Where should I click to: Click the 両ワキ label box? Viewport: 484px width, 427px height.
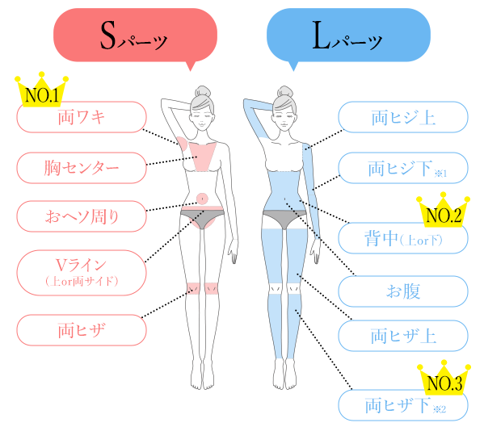tap(82, 117)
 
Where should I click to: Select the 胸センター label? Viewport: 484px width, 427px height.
tap(82, 168)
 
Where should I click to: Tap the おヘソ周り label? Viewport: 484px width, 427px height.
tap(82, 216)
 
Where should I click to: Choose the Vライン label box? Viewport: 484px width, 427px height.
tap(82, 273)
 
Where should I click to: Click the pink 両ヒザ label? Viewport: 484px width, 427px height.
tap(82, 330)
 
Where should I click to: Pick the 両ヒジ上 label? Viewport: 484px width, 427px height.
tap(403, 117)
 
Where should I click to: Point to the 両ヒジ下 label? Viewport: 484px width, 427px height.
tap(403, 168)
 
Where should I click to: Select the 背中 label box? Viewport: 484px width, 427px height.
tap(403, 238)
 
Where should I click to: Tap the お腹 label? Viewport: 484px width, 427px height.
tap(403, 291)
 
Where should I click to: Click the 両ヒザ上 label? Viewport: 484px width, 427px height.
tap(403, 336)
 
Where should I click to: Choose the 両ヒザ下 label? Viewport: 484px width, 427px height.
tap(403, 405)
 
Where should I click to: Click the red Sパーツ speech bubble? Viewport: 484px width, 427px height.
tap(135, 36)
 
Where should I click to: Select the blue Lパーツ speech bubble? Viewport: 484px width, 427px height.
tap(348, 36)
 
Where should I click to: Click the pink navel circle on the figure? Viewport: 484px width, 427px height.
tap(202, 199)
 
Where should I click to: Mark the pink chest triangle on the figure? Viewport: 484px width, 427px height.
tap(203, 154)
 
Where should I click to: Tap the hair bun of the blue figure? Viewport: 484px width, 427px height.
tap(285, 91)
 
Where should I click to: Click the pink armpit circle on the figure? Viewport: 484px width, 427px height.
tap(183, 144)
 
